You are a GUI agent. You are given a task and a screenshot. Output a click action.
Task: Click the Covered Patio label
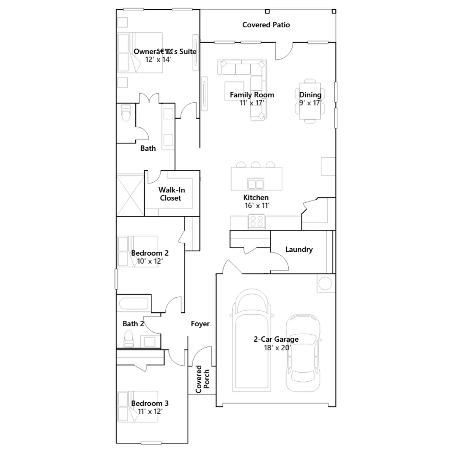[266, 25]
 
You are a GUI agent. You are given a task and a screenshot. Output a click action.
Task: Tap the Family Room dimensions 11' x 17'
[252, 103]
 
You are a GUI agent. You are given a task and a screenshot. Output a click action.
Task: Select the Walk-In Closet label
[171, 194]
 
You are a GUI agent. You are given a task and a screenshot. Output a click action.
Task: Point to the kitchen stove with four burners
[257, 221]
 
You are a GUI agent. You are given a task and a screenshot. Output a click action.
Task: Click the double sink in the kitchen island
[256, 184]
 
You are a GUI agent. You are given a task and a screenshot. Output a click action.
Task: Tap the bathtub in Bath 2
[133, 304]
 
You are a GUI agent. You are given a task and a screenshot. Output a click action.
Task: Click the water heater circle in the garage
[325, 283]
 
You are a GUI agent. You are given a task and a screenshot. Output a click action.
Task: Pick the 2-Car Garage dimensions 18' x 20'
[277, 348]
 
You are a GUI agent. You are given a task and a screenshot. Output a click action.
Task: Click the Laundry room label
[299, 249]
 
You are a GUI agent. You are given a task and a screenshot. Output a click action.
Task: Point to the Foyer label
[200, 324]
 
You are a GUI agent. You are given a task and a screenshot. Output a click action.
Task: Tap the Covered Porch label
[202, 379]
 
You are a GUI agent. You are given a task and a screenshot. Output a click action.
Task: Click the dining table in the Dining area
[310, 101]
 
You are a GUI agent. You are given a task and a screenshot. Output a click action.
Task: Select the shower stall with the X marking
[130, 196]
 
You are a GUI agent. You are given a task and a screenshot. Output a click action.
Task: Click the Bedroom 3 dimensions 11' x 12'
[150, 411]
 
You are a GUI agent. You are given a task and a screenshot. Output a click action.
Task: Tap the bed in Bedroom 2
[138, 251]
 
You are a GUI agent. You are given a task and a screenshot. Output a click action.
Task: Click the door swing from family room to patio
[284, 51]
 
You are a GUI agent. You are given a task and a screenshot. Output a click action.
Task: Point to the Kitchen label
[256, 197]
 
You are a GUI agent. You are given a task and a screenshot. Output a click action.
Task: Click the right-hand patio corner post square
[334, 11]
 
